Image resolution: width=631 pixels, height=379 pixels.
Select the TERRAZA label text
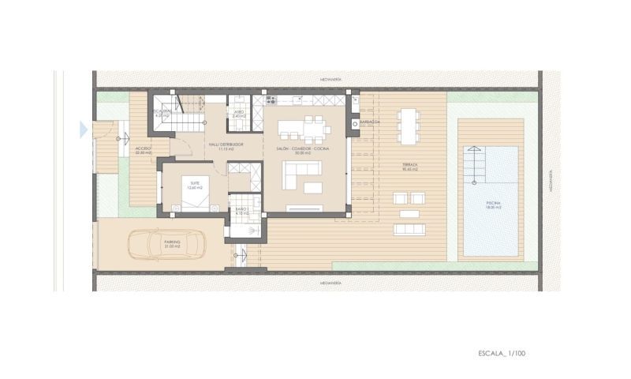(x=409, y=167)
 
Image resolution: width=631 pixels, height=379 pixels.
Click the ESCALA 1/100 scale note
(x=501, y=353)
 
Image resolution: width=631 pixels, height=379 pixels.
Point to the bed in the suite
(x=192, y=192)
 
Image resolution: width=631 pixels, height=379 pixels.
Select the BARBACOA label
(x=370, y=122)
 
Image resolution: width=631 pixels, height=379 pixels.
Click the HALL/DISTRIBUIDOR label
(x=226, y=146)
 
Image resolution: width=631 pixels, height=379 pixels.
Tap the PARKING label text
(x=172, y=244)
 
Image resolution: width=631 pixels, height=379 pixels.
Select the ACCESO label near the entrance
(x=143, y=149)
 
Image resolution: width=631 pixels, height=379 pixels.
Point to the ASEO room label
(x=238, y=114)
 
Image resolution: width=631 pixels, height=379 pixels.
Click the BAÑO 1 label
(x=241, y=211)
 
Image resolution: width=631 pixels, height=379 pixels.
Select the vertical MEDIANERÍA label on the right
(x=551, y=182)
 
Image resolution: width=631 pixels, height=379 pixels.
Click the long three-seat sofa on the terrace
(x=410, y=229)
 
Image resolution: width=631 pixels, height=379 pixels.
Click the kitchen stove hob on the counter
(x=271, y=100)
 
